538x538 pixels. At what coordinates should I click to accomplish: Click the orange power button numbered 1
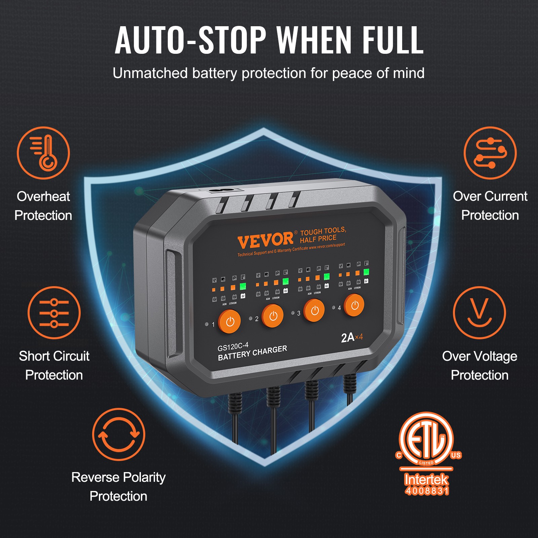tap(230, 321)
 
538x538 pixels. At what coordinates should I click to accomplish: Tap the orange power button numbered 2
tap(273, 316)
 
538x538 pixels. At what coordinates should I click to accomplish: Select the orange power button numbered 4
tap(354, 305)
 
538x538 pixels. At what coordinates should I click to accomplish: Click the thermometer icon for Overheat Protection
tap(43, 153)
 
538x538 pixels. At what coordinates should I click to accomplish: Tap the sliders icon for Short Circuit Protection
tap(54, 313)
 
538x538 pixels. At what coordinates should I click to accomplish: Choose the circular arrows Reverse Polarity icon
tap(118, 434)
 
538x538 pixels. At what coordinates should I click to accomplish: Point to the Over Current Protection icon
tap(490, 153)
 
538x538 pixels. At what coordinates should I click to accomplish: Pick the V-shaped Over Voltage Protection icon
tap(479, 313)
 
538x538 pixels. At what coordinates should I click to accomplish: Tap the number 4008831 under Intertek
tap(427, 491)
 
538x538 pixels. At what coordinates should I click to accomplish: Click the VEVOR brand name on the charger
tap(265, 240)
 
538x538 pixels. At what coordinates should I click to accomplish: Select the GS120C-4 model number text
tap(233, 346)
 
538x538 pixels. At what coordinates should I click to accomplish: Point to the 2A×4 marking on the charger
tap(352, 337)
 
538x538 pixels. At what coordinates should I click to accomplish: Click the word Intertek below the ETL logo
tap(426, 479)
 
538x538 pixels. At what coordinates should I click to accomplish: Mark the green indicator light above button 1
tap(243, 286)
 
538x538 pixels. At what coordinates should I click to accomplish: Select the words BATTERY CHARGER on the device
tap(252, 353)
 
